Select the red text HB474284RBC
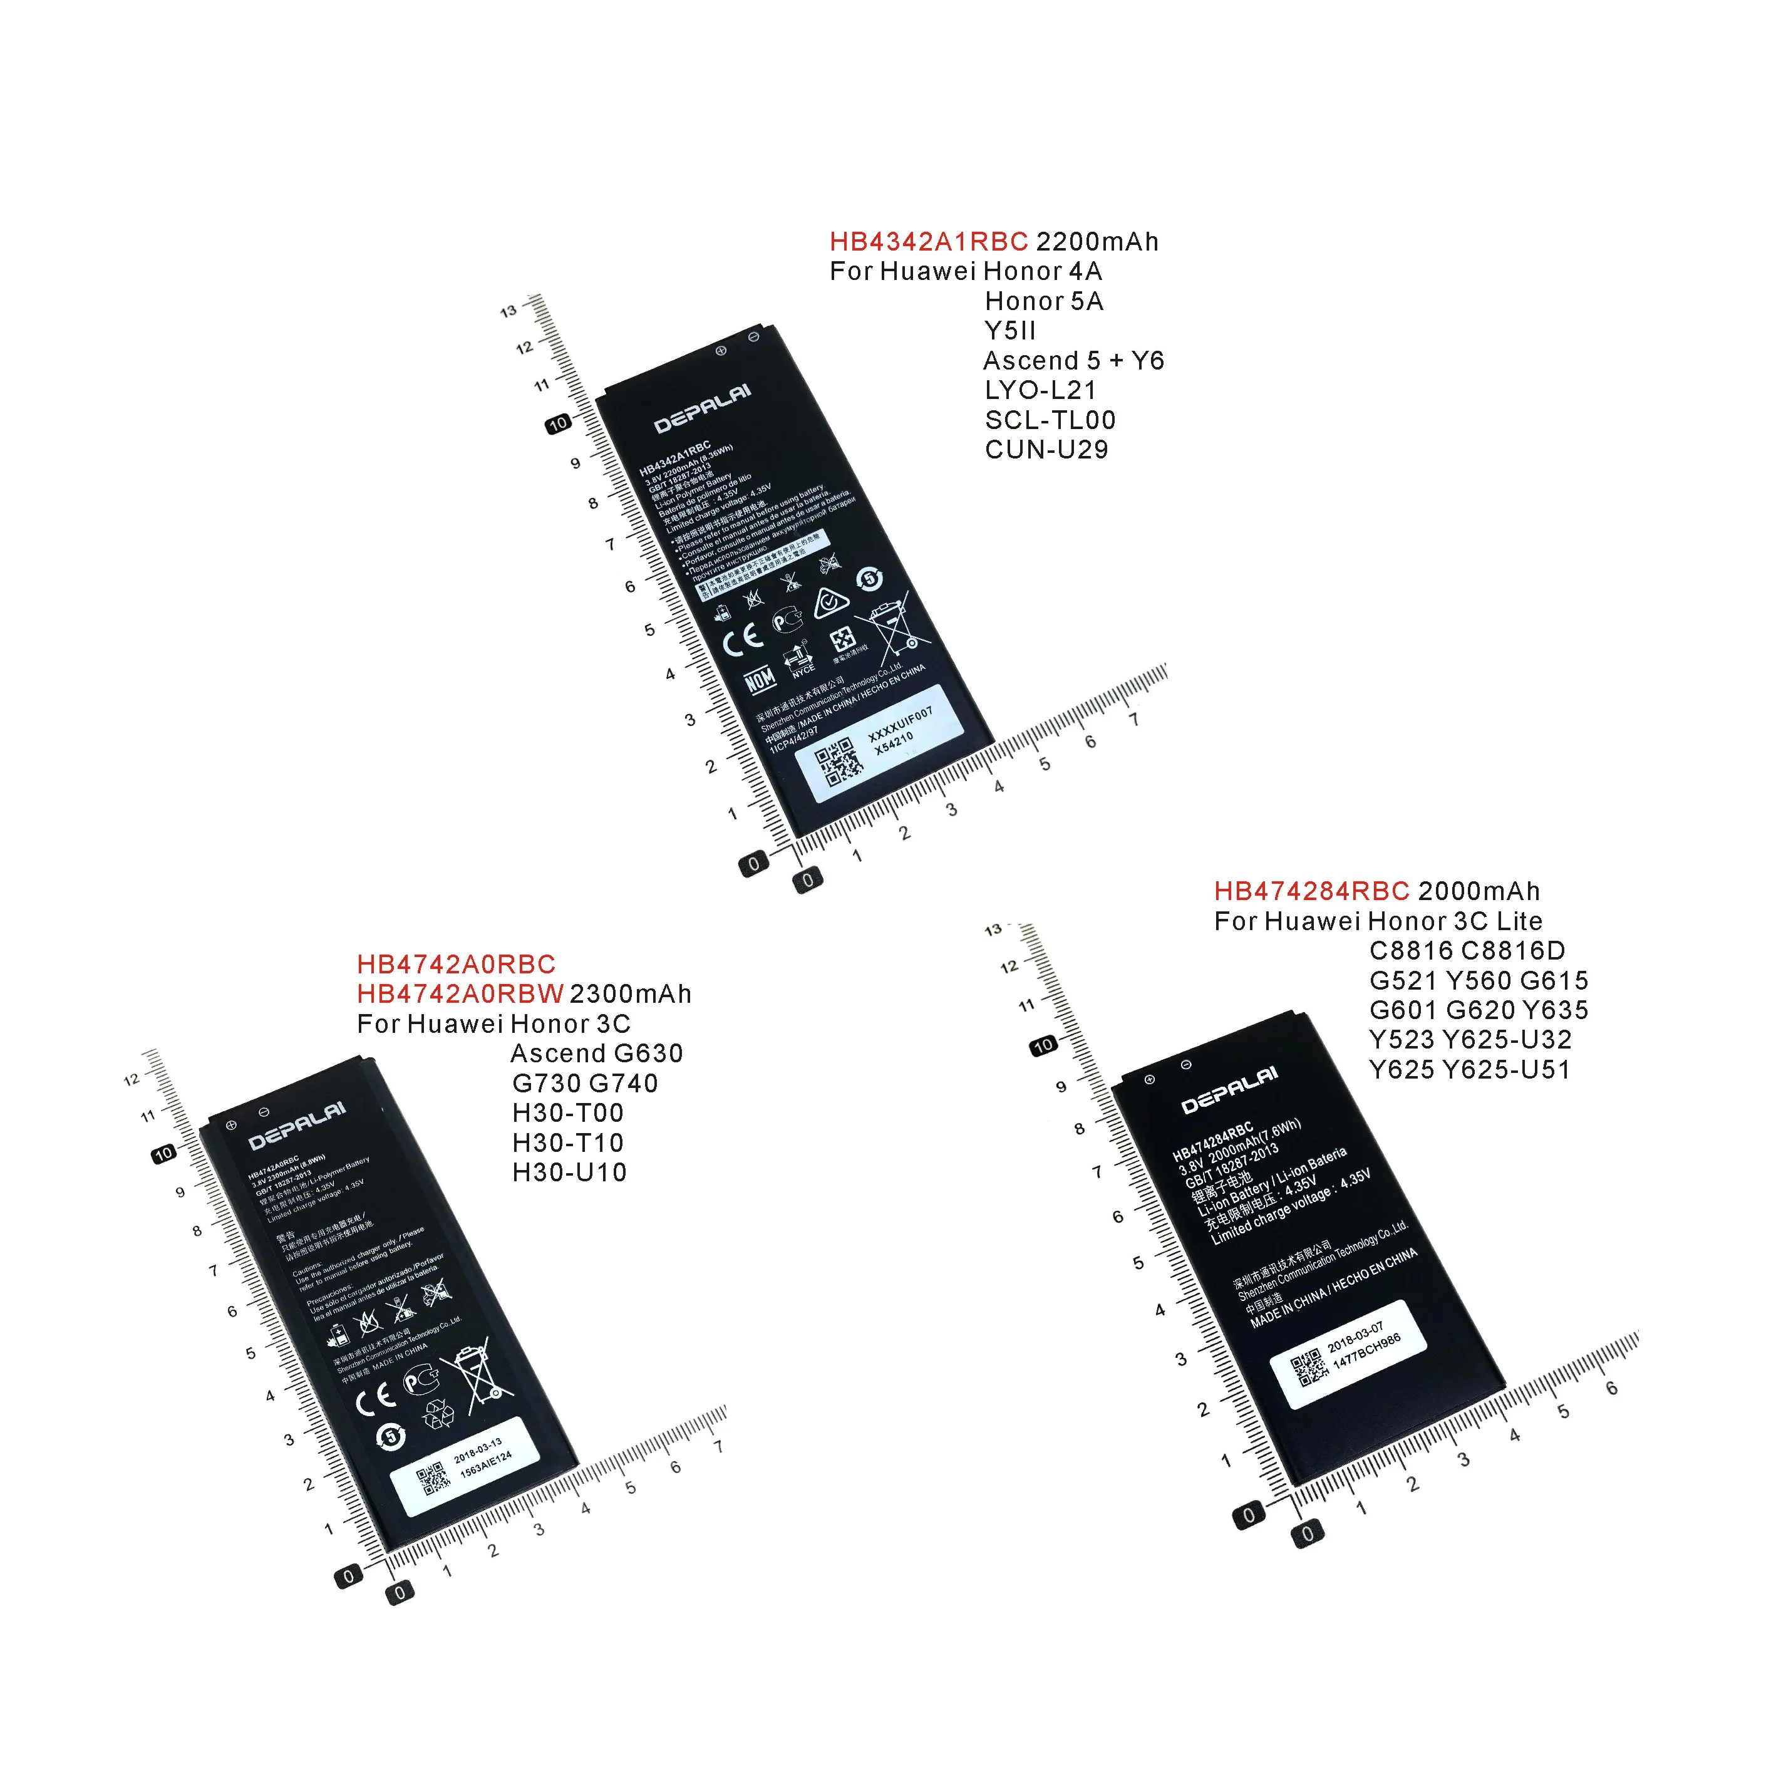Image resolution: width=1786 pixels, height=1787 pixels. [1311, 892]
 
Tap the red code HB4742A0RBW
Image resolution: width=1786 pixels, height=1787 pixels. [460, 994]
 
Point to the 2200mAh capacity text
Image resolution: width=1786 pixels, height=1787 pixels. [1097, 242]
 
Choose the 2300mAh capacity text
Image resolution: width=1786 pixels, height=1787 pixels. [630, 994]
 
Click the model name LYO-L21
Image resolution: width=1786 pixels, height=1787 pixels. [1040, 390]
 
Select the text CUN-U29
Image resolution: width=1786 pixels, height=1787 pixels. [1046, 450]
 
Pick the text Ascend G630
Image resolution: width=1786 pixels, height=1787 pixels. [597, 1054]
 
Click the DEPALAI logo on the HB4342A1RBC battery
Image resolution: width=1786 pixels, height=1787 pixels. [702, 409]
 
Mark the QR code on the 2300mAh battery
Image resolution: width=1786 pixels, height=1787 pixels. [433, 1479]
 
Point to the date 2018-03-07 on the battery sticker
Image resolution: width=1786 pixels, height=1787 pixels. [1355, 1339]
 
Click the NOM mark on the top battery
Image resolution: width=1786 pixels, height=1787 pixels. [760, 680]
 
